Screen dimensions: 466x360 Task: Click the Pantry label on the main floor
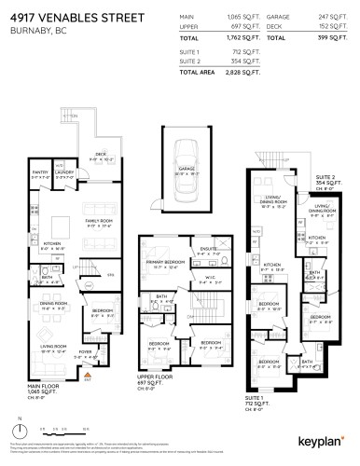[40, 171]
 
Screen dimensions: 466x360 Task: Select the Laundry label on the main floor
[63, 171]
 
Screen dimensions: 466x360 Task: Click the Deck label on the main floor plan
[99, 156]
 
